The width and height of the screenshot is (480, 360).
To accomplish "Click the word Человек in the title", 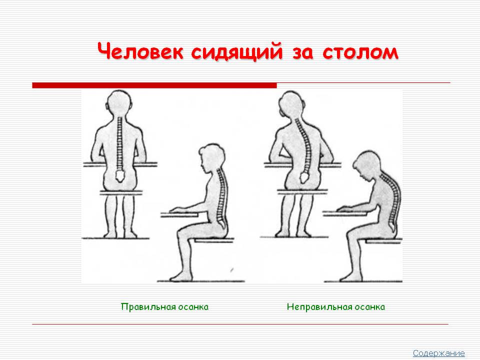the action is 140,51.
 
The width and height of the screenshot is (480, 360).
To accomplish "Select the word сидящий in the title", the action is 237,51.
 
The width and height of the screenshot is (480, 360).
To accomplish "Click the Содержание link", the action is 438,353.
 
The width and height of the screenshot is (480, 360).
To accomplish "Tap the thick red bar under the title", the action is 154,85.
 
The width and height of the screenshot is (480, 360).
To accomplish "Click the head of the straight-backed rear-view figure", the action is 119,103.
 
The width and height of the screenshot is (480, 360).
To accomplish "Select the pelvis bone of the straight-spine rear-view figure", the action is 119,175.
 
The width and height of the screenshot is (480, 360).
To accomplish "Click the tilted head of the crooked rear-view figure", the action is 292,105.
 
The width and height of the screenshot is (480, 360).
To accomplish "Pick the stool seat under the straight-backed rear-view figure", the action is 121,192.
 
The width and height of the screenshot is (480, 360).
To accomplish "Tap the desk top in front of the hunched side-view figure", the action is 344,213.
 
